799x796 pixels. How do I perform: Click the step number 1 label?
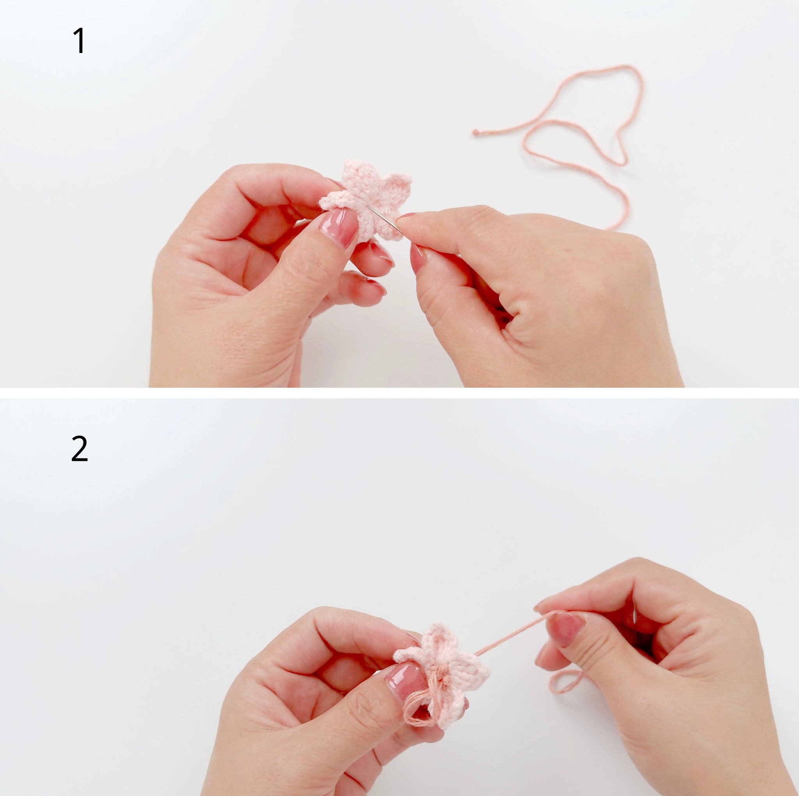coord(79,41)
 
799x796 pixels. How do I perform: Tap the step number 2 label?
coord(80,449)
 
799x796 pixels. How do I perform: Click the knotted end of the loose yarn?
coord(476,133)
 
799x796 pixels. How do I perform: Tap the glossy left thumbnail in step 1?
coord(339,227)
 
